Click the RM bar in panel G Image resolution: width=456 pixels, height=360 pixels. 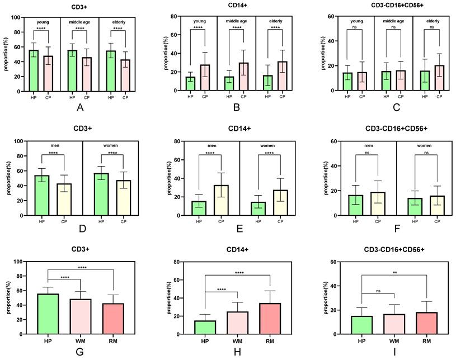pyautogui.click(x=114, y=319)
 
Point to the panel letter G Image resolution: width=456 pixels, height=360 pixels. pyautogui.click(x=81, y=354)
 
